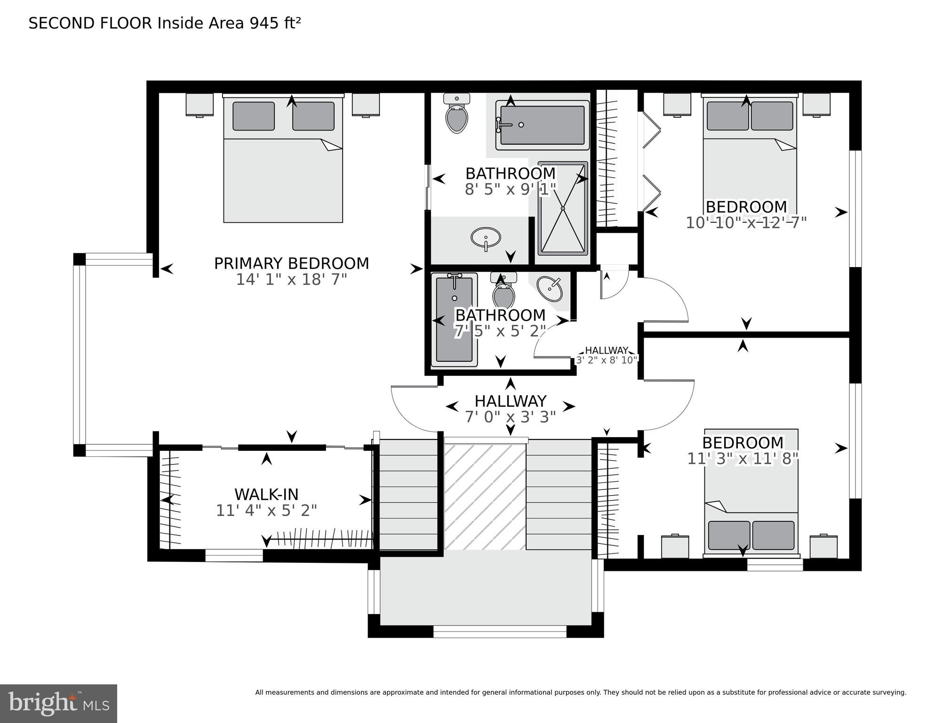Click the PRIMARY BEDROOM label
(x=291, y=263)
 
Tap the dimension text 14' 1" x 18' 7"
(x=291, y=280)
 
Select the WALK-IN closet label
(x=266, y=494)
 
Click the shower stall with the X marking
(x=563, y=208)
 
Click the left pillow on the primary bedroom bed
(x=254, y=116)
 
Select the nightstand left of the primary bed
(x=199, y=105)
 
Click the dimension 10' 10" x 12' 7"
(x=746, y=223)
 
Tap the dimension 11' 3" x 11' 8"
(x=743, y=459)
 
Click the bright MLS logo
(x=58, y=703)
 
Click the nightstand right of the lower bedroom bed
(x=823, y=547)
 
